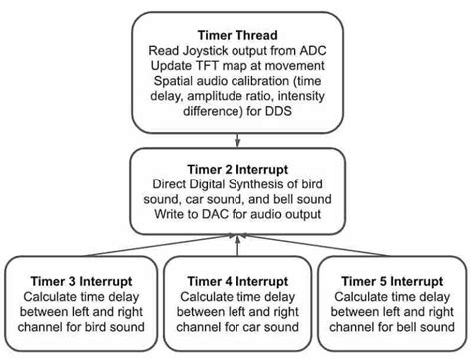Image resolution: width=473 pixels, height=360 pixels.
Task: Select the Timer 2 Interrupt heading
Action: pos(236,168)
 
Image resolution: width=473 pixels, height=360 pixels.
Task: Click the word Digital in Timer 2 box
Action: pos(231,185)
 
